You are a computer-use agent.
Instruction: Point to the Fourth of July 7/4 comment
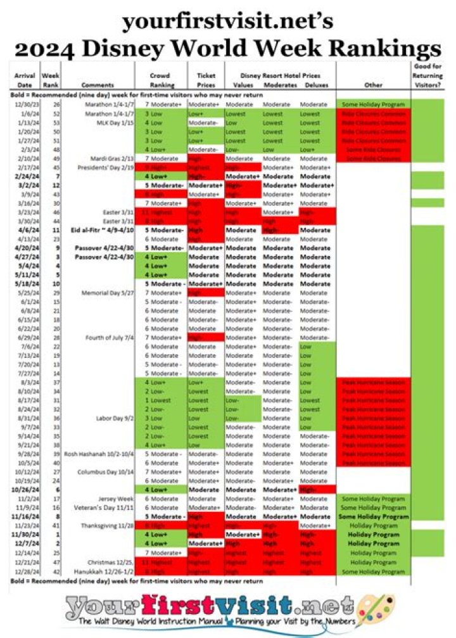(x=109, y=338)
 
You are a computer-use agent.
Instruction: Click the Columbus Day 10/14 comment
(x=105, y=471)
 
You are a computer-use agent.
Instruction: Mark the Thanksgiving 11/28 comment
(x=107, y=525)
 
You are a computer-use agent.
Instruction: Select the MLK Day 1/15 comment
(x=115, y=122)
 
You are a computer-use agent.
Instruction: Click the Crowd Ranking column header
(x=161, y=80)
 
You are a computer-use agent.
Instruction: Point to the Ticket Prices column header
(x=203, y=80)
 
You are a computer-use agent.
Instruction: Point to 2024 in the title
(x=57, y=48)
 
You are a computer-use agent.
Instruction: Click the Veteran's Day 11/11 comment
(x=106, y=507)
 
